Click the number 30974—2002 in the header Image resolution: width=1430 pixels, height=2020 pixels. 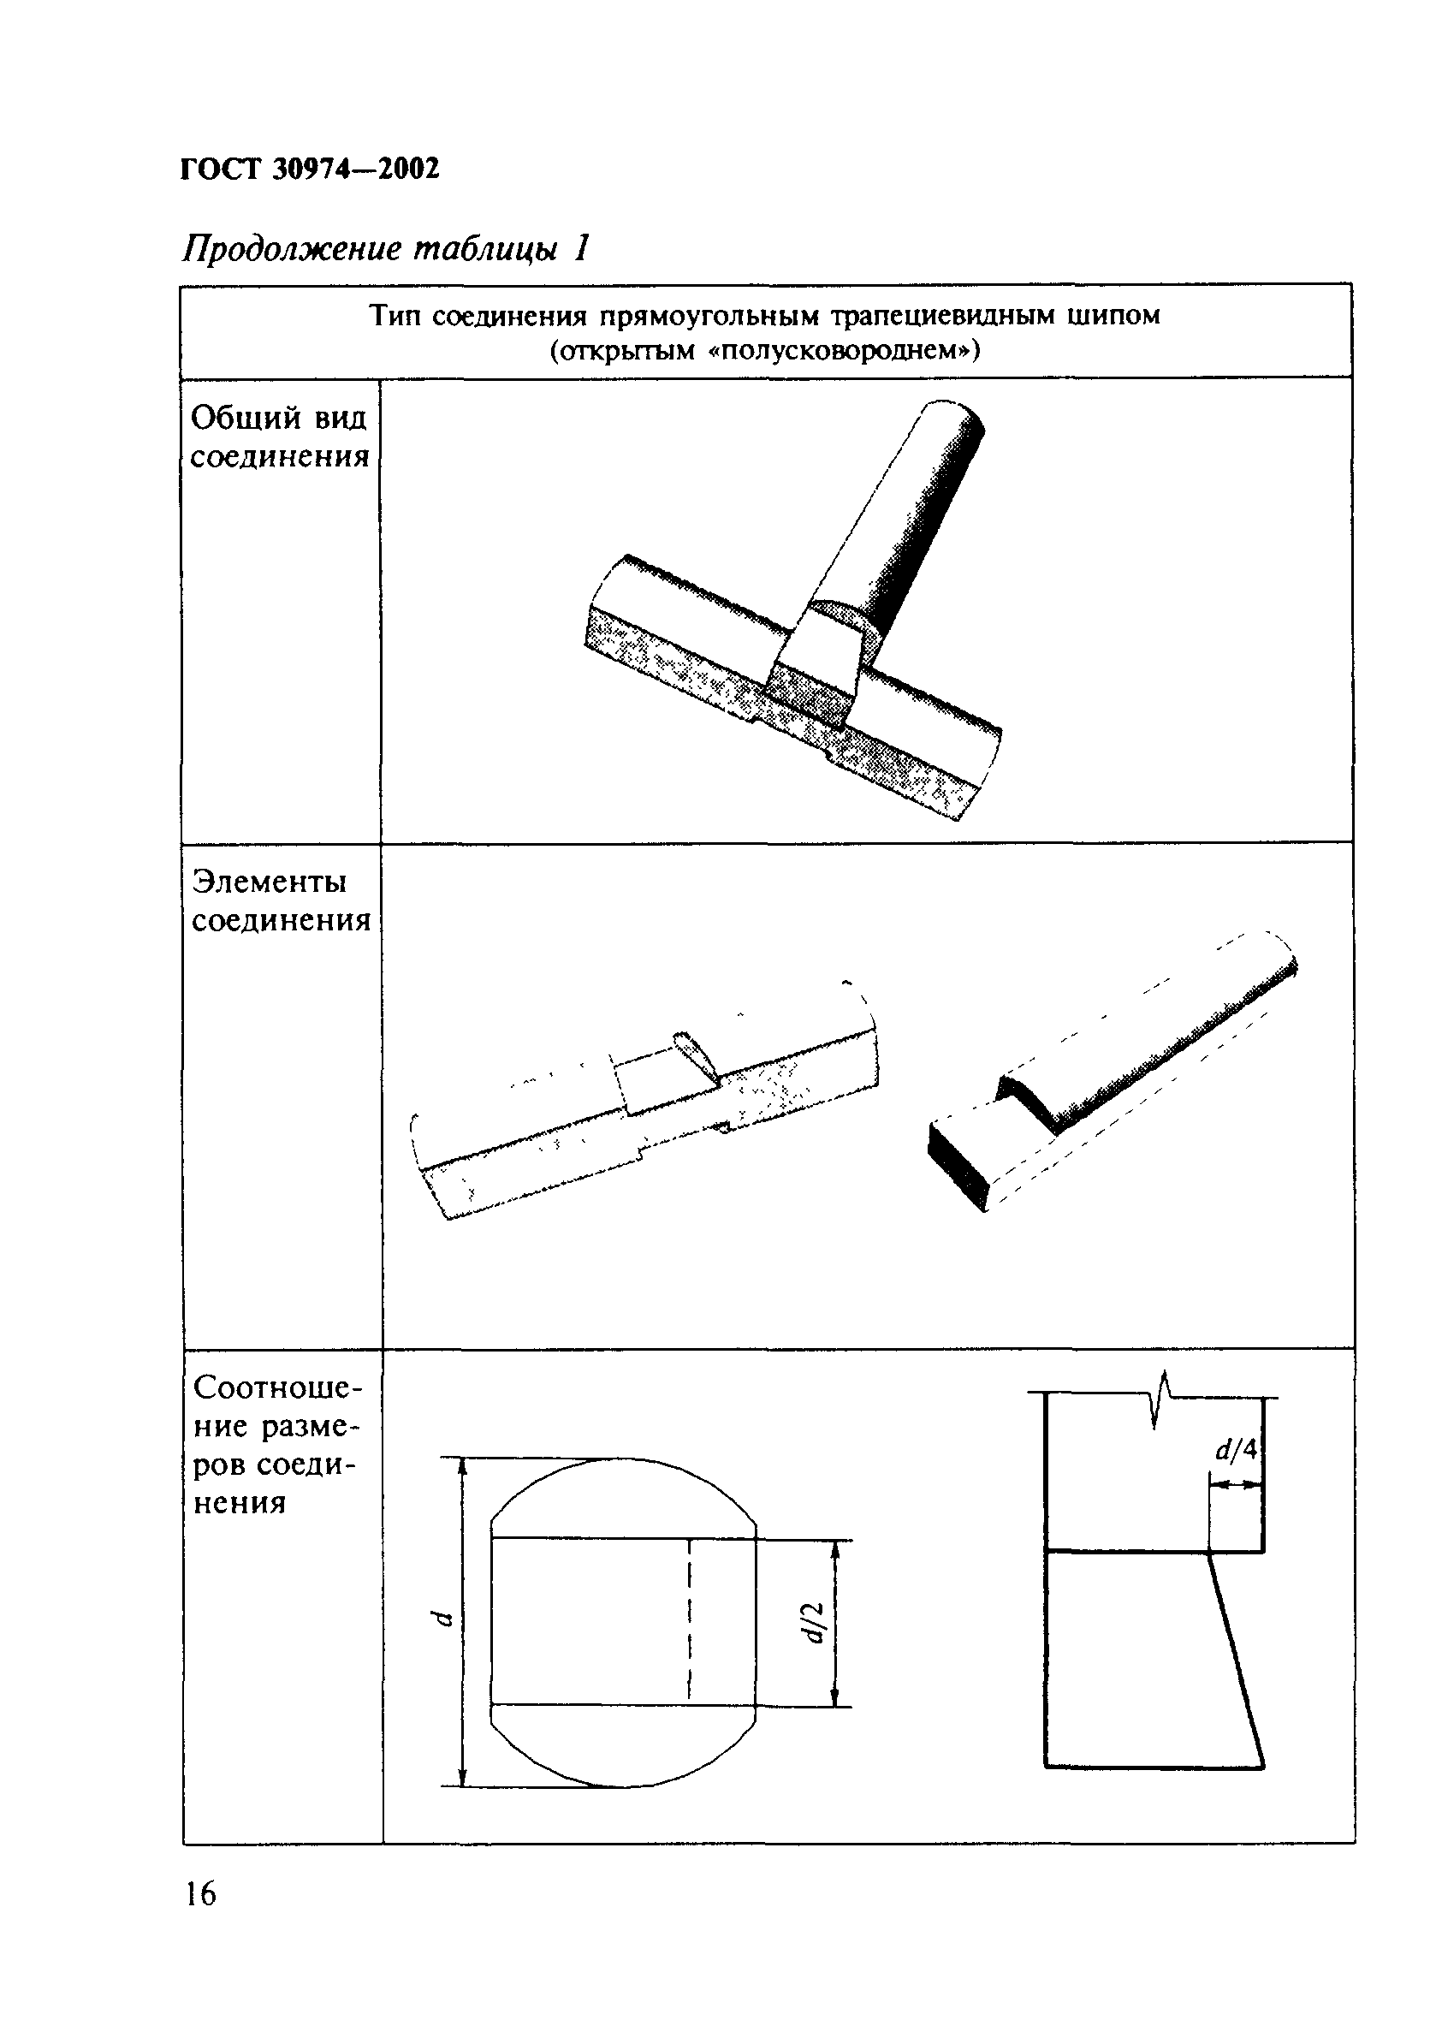point(356,168)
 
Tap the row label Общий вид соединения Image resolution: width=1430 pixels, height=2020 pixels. point(279,437)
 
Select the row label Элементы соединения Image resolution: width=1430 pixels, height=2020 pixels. point(280,900)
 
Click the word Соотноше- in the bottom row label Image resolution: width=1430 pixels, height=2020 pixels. point(277,1387)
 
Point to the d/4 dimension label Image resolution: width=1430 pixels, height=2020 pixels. point(1237,1449)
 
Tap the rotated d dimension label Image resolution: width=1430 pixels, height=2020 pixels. point(443,1619)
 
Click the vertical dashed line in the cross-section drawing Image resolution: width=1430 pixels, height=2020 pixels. point(690,1620)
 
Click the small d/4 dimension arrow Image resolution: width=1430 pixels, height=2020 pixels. point(1236,1483)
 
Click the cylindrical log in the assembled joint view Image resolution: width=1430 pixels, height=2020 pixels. point(916,520)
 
